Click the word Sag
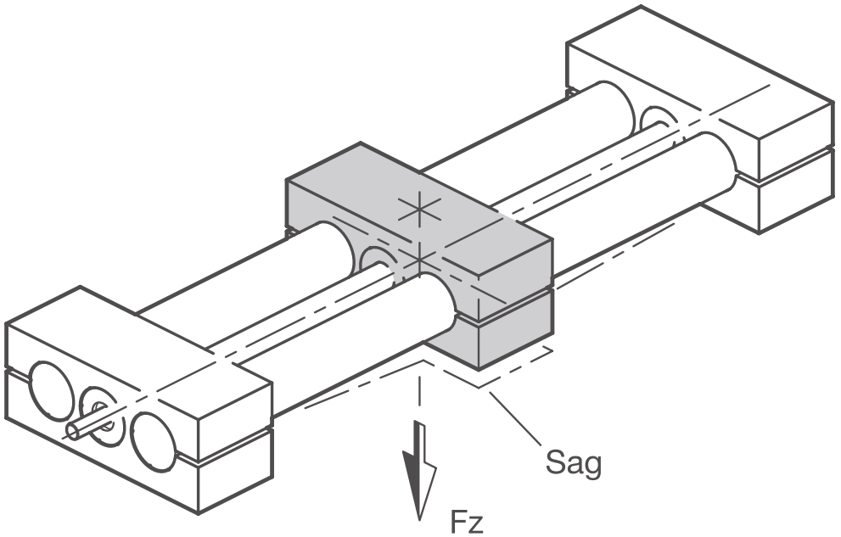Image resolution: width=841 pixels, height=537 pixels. [573, 462]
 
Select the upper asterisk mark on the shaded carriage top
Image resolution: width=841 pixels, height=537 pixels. [419, 210]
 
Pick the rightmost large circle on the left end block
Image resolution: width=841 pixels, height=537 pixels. [154, 442]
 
